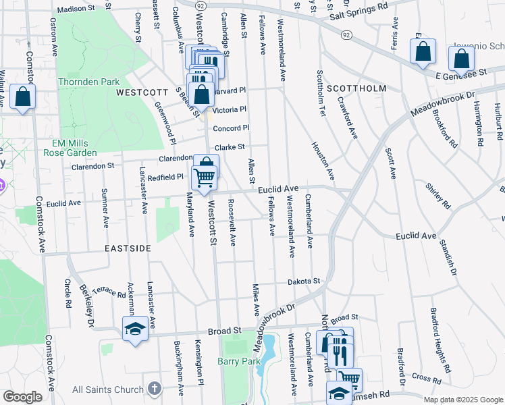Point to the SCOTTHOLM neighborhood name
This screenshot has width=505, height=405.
click(356, 88)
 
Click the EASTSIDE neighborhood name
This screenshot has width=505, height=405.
click(128, 248)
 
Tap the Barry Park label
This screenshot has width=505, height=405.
click(239, 362)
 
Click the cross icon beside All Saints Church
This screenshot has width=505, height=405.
click(155, 389)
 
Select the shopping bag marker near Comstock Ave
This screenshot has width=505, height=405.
click(22, 97)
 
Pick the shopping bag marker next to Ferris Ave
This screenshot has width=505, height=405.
click(423, 51)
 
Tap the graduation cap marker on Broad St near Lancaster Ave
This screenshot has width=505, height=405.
click(135, 329)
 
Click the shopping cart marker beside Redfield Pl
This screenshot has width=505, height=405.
click(204, 178)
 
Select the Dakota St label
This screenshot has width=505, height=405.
click(302, 281)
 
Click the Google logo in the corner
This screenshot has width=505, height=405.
click(22, 397)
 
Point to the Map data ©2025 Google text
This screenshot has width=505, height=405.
click(462, 400)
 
